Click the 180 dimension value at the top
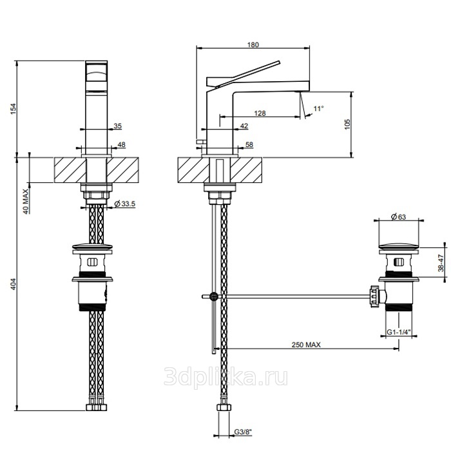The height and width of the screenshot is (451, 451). pos(253,44)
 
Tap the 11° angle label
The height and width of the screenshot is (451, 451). pos(318,108)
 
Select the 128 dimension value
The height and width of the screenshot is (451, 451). pos(260,113)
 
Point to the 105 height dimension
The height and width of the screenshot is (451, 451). pos(347,124)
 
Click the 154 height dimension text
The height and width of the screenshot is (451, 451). pos(14,109)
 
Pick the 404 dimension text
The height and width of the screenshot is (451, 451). pos(14,284)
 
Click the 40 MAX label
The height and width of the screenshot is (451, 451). pos(26,201)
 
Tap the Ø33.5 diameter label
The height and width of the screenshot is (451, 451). pos(124,204)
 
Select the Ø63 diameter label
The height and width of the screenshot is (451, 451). pos(398,216)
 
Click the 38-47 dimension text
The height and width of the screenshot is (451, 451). pos(441,263)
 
